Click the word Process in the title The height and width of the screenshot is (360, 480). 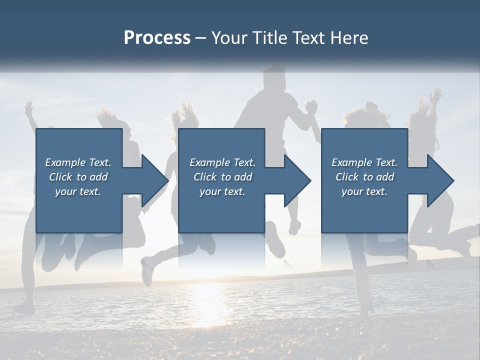point(157,38)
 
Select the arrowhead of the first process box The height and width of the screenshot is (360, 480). point(155,180)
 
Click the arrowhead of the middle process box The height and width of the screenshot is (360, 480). point(298,180)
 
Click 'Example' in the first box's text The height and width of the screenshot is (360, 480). point(66,162)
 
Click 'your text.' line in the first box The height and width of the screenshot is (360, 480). point(78,191)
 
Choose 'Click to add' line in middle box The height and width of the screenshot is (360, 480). point(222,177)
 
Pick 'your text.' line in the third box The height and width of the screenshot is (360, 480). point(364,191)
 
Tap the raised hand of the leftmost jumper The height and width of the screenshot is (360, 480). point(29,106)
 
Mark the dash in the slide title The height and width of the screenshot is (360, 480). point(200,38)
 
